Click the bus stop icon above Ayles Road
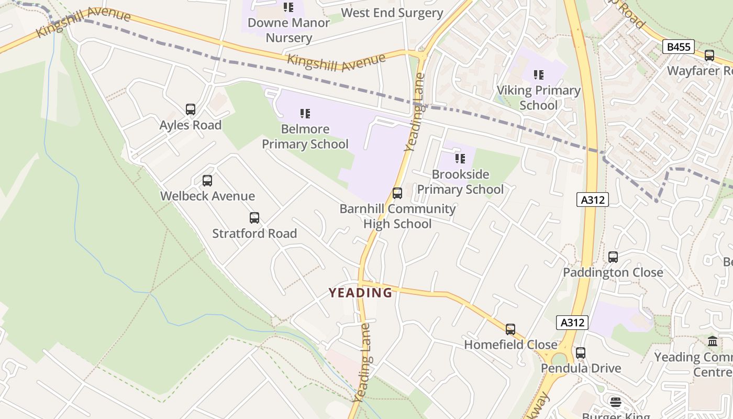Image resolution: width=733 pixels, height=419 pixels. (191, 109)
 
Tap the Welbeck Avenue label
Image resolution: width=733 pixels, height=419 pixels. (207, 196)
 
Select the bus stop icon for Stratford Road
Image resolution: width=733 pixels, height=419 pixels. (254, 218)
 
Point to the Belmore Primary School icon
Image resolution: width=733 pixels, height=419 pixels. (305, 114)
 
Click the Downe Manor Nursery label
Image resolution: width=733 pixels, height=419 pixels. (288, 30)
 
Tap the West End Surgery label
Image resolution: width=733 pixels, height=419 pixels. (392, 13)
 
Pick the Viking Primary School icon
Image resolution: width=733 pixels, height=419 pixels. (539, 75)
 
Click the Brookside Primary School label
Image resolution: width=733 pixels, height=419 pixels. (460, 182)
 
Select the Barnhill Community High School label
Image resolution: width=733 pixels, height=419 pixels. (397, 216)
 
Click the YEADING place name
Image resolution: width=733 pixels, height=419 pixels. (360, 293)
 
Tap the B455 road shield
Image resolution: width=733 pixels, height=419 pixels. (679, 47)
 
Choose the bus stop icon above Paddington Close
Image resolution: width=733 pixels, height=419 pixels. (613, 257)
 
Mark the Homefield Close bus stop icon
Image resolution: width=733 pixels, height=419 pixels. (510, 329)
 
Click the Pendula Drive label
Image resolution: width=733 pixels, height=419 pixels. (581, 368)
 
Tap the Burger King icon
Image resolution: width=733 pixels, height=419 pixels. (616, 402)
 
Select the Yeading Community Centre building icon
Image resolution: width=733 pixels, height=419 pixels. (713, 341)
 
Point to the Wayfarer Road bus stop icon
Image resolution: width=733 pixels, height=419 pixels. (709, 55)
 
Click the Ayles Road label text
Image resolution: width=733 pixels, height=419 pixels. (191, 125)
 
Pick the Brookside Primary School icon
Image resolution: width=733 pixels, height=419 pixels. (460, 159)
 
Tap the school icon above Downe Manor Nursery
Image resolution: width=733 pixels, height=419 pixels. (288, 7)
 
